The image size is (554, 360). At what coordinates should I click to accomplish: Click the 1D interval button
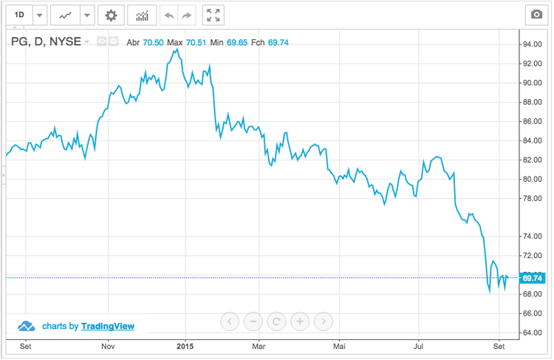pos(19,15)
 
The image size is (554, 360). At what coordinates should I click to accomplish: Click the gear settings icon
pos(111,15)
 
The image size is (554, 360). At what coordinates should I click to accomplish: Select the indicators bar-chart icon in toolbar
pos(142,15)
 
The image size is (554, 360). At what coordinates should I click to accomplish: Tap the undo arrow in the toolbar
pos(168,15)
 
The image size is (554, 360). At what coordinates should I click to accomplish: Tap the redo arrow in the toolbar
pos(188,15)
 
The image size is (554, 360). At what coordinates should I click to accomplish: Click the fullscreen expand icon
pos(213,15)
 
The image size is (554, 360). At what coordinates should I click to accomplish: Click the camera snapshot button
pos(536,15)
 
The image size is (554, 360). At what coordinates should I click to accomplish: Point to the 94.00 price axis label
pos(533,44)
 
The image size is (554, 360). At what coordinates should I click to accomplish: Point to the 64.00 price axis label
pos(533,333)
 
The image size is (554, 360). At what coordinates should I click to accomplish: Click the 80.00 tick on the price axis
pos(533,179)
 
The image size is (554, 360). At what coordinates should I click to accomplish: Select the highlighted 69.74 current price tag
pos(533,278)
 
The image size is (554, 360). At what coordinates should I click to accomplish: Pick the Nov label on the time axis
pos(108,345)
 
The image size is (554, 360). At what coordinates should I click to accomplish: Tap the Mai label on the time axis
pos(339,345)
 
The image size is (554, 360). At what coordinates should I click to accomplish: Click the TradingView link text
pos(108,326)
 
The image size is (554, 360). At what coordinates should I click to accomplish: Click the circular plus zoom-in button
pos(300,321)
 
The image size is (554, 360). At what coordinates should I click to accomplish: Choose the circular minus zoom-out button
pos(253,321)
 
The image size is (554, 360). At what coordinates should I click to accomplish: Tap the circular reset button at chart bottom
pos(276,321)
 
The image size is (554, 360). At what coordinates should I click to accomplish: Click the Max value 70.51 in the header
pos(199,42)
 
